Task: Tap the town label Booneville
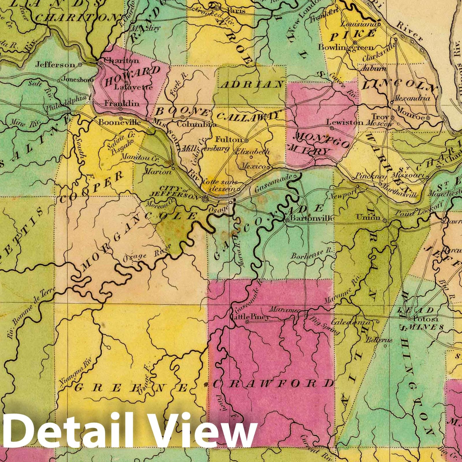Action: (120, 122)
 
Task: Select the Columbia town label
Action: (196, 125)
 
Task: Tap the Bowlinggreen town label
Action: (345, 47)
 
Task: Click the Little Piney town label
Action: (251, 317)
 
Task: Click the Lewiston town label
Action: (345, 122)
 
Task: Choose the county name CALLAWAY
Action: (248, 116)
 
